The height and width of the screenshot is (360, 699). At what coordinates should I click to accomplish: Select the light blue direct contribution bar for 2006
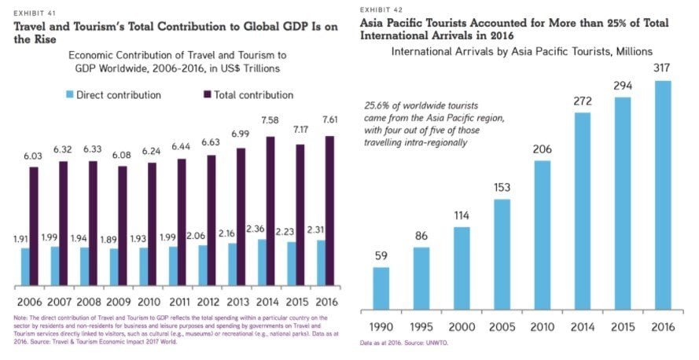tap(26, 266)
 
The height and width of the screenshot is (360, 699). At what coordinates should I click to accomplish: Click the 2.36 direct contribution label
tap(256, 230)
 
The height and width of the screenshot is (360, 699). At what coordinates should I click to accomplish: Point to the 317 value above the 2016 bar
tap(662, 69)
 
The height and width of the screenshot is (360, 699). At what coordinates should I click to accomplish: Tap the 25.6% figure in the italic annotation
tap(379, 105)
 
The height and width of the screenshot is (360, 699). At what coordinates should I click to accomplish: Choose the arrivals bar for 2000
tap(461, 266)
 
